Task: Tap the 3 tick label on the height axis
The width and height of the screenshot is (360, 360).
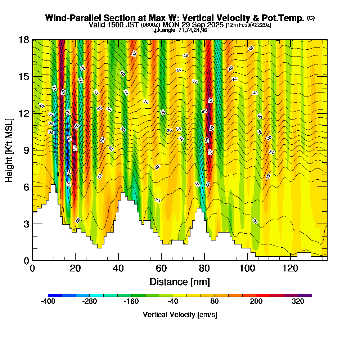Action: click(x=26, y=224)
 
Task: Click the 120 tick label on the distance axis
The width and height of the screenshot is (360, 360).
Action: click(x=290, y=269)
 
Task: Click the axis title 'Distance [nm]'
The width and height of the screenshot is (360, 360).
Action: click(x=180, y=282)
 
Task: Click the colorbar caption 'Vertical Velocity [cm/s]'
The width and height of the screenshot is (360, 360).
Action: click(x=180, y=315)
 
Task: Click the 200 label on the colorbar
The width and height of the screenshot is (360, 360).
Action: click(x=256, y=302)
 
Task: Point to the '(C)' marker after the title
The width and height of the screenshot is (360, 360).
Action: click(x=311, y=18)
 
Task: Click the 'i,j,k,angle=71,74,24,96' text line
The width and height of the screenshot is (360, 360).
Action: click(x=180, y=30)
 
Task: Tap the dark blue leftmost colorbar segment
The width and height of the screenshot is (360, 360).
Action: click(x=55, y=295)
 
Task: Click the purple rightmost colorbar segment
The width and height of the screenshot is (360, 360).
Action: click(x=305, y=295)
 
